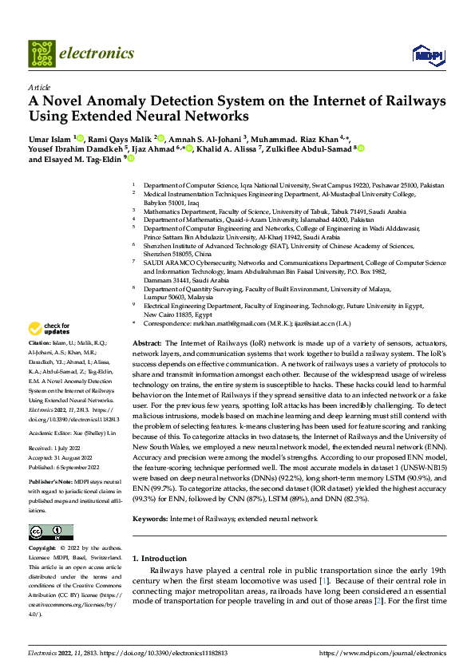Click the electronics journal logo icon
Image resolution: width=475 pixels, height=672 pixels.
(x=42, y=53)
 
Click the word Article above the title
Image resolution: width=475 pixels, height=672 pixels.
(x=39, y=87)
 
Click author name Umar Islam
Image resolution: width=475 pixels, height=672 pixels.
(x=49, y=139)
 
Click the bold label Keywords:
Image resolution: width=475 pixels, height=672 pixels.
(x=152, y=496)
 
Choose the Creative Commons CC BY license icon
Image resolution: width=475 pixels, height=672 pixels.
(x=50, y=532)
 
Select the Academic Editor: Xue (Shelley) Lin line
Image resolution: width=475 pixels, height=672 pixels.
(x=73, y=433)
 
